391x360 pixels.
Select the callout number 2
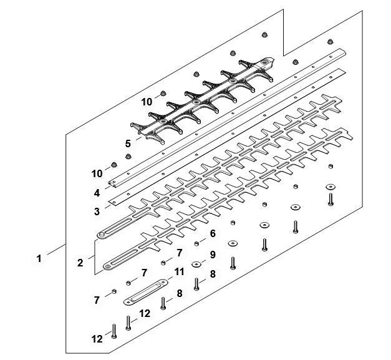pos(80,263)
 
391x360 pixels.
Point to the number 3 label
pos(97,212)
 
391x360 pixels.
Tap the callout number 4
pos(97,193)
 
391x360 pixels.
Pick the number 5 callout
pos(128,143)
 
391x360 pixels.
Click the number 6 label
pos(213,233)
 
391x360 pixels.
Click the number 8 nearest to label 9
pos(213,273)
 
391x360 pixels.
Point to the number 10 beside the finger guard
pos(148,100)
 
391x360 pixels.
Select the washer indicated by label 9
pos(196,264)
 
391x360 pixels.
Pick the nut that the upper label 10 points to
pos(162,92)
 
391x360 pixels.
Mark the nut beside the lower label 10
pos(114,165)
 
